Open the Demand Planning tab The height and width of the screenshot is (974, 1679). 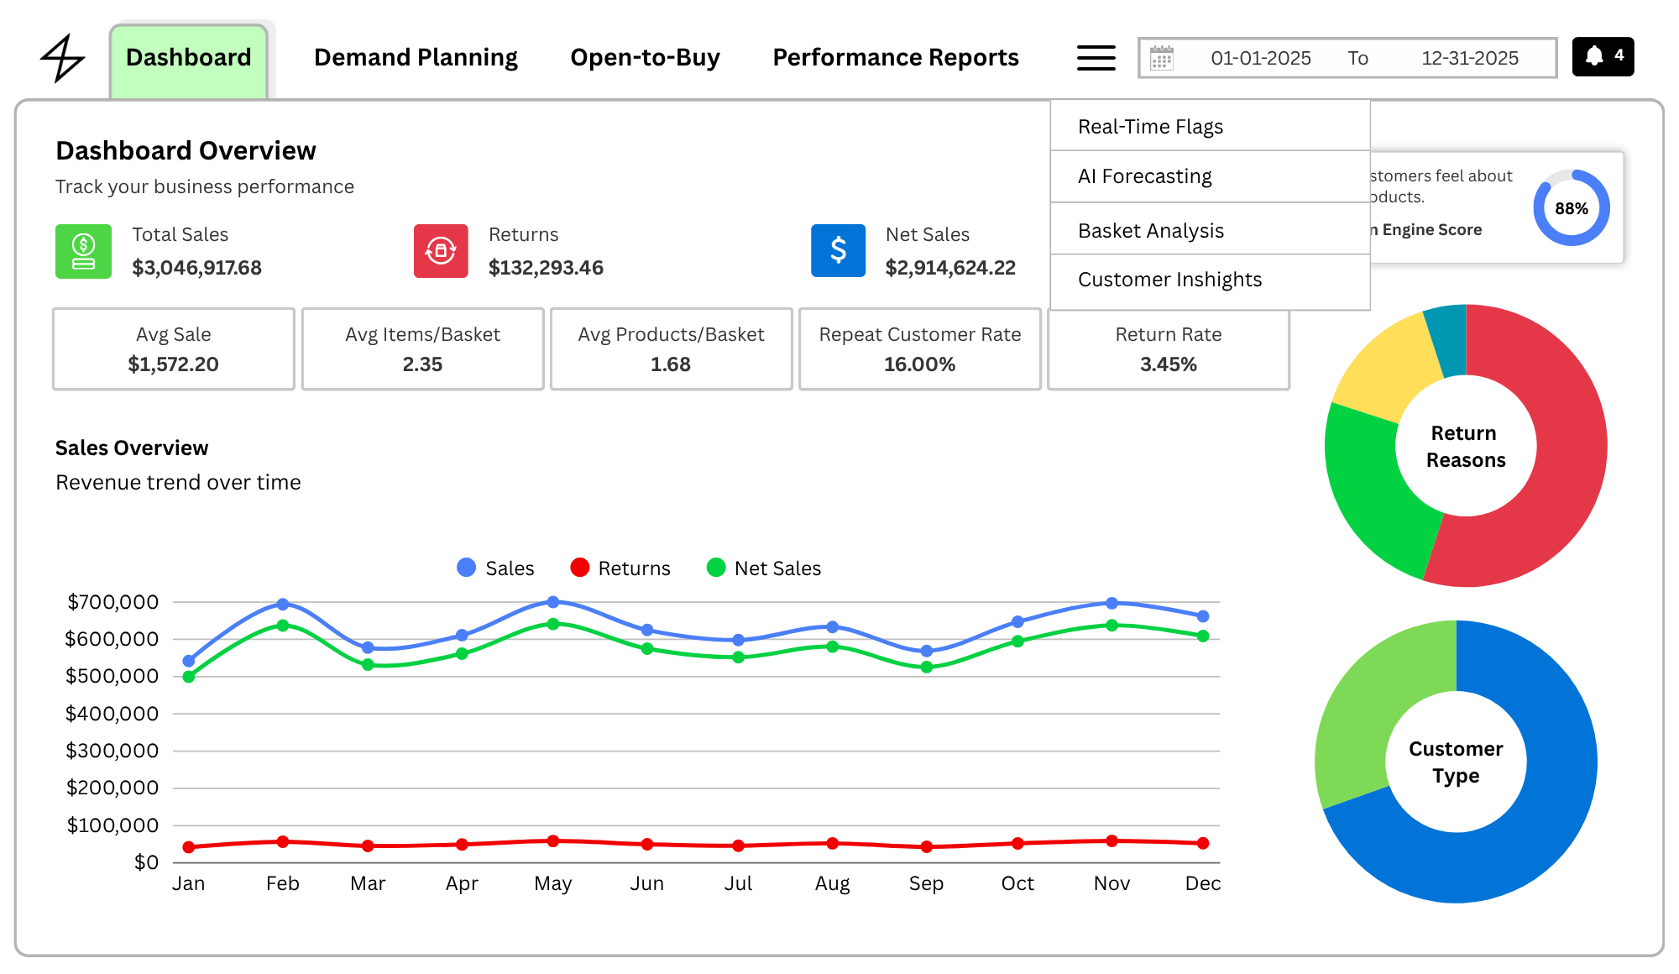coord(416,58)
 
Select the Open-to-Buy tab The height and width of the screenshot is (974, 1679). coord(645,58)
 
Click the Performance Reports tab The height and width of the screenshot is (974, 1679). coord(896,58)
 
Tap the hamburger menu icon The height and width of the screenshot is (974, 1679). coord(1096,58)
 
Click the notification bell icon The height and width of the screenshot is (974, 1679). coord(1594,56)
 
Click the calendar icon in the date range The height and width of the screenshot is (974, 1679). coord(1162,58)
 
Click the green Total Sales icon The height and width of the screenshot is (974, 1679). coord(83,251)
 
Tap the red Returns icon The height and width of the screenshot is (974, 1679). coord(441,251)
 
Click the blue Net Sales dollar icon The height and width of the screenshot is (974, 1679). coord(838,250)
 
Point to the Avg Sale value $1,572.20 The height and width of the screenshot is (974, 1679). coord(173,364)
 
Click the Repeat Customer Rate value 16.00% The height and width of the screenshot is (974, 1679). coord(919,364)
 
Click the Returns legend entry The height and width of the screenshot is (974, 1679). coord(620,568)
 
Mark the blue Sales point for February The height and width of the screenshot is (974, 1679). coord(283,605)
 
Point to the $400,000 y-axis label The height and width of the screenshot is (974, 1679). coord(112,714)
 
